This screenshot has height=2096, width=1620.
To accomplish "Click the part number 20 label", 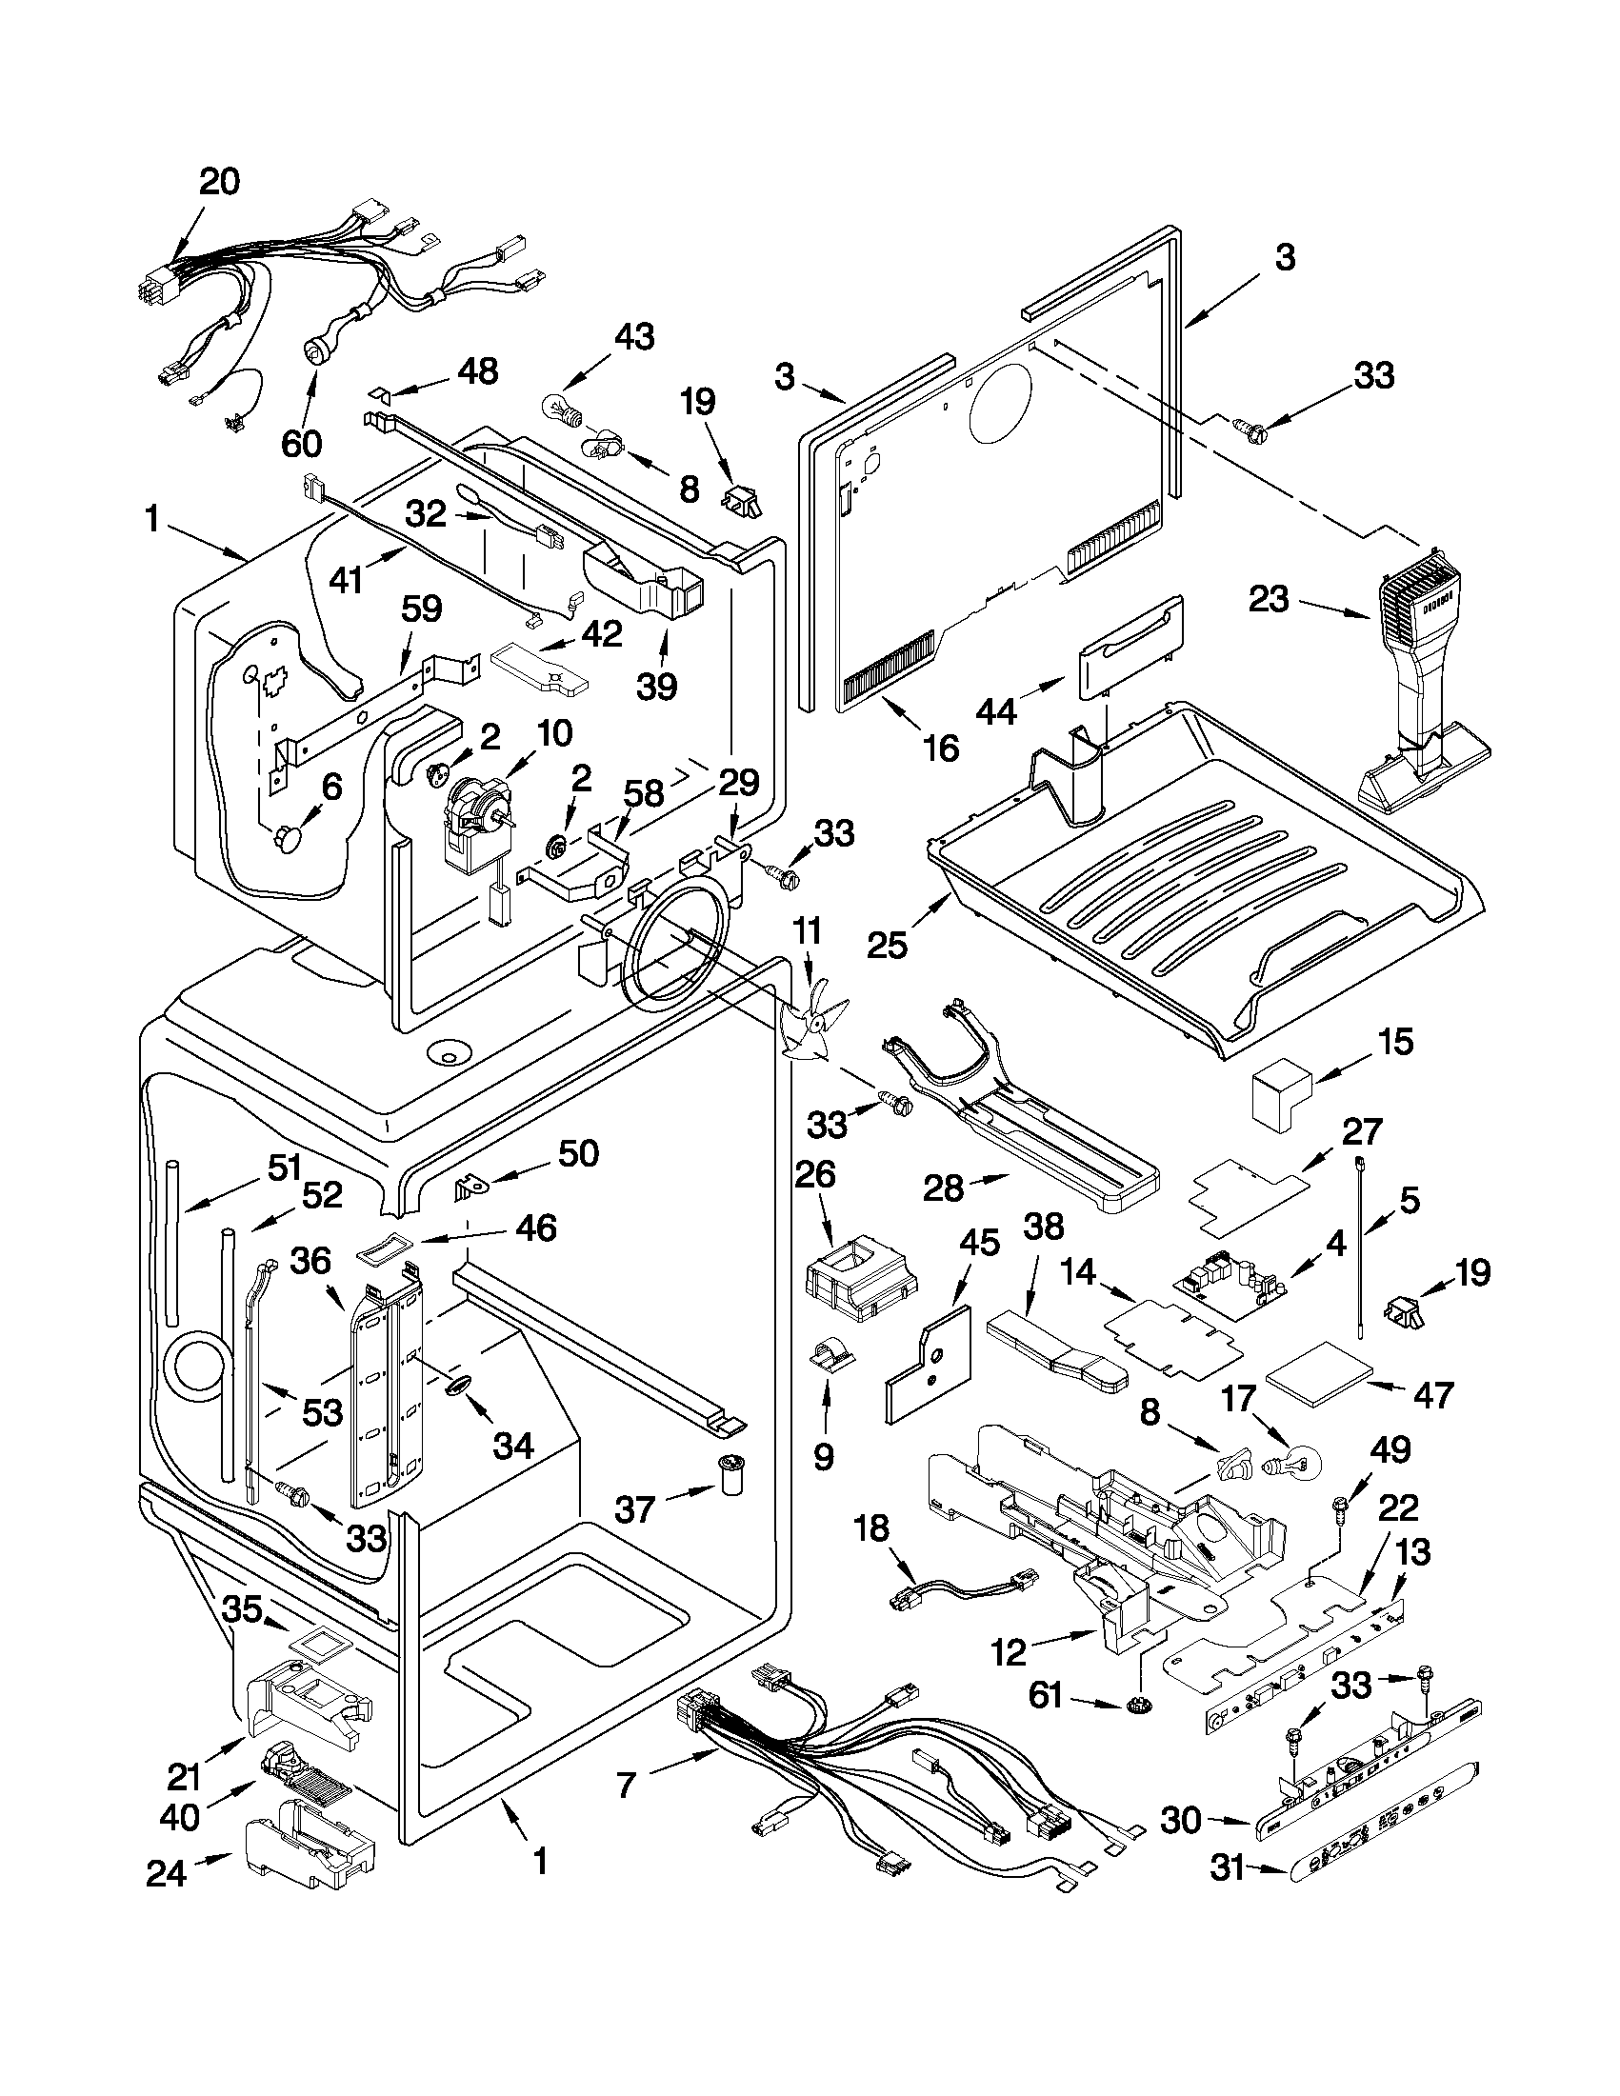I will tap(220, 181).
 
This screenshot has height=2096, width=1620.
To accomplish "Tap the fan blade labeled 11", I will tap(813, 1026).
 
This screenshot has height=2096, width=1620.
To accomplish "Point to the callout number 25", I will tap(887, 946).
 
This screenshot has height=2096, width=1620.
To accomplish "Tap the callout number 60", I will tap(301, 443).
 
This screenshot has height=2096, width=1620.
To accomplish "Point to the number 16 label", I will tap(941, 747).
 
